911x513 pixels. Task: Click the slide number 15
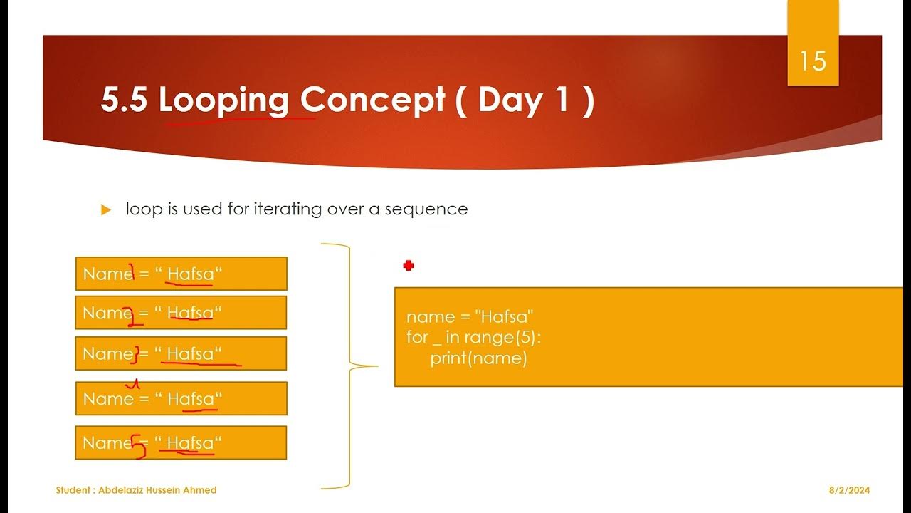(x=813, y=61)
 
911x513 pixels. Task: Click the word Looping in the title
(x=223, y=100)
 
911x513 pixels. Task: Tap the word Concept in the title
(x=372, y=100)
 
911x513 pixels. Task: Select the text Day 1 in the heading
(x=524, y=100)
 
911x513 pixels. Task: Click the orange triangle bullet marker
(x=107, y=210)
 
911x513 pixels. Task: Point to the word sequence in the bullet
(x=426, y=209)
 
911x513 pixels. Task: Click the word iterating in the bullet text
(x=288, y=209)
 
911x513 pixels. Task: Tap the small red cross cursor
(x=409, y=266)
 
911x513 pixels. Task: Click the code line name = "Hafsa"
(x=470, y=317)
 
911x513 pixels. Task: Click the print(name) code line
(x=478, y=358)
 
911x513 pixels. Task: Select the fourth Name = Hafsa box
(x=181, y=399)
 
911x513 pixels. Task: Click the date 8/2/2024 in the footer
(x=849, y=490)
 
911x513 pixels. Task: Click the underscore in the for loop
(x=437, y=342)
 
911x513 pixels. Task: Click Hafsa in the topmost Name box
(x=190, y=274)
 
